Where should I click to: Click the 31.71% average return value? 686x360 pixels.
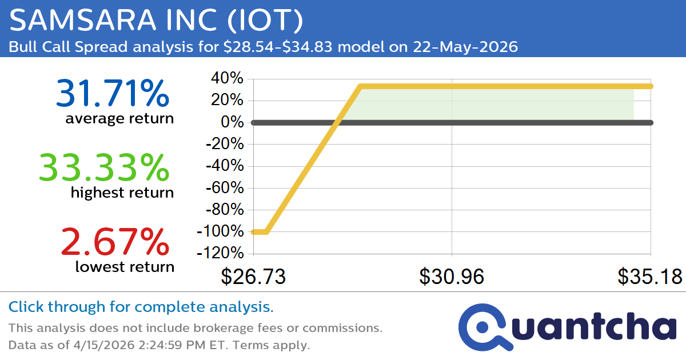(x=113, y=93)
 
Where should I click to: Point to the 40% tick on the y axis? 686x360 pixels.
(x=229, y=78)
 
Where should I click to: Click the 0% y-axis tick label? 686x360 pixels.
(x=233, y=122)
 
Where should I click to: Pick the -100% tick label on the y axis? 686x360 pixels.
(x=220, y=231)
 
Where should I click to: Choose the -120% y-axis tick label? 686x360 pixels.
(x=220, y=253)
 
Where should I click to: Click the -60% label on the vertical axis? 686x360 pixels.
(x=223, y=188)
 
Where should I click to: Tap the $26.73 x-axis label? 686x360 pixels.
(x=253, y=277)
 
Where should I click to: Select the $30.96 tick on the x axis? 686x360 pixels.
(x=452, y=277)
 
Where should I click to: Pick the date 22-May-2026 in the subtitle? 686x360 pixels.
(x=465, y=47)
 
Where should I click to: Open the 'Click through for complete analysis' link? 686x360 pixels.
(x=141, y=307)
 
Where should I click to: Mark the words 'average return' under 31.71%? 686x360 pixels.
(x=119, y=118)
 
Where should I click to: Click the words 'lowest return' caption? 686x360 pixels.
(x=125, y=266)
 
